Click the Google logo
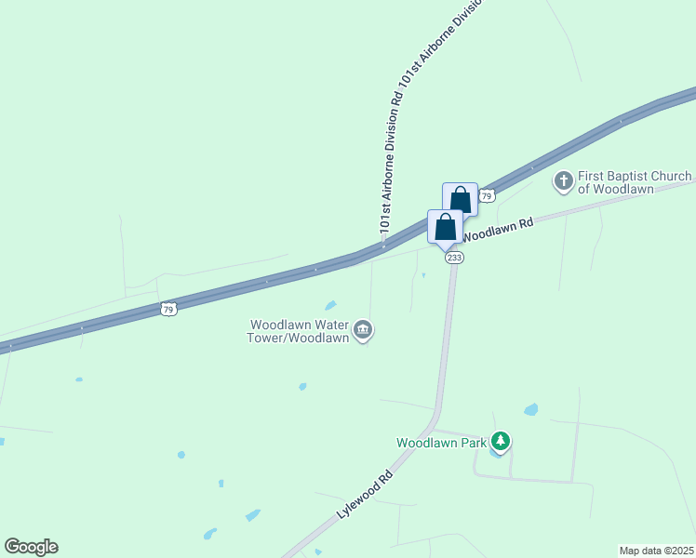(x=31, y=547)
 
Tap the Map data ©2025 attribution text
(x=656, y=551)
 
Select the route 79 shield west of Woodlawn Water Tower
(x=167, y=309)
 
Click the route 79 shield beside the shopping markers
(x=487, y=195)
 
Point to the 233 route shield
(x=454, y=258)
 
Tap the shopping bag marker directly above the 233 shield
(x=446, y=226)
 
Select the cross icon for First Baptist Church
(x=563, y=180)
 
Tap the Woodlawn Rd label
(x=499, y=229)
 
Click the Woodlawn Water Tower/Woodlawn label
(x=298, y=331)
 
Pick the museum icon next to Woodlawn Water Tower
(x=363, y=330)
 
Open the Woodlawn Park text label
(x=442, y=443)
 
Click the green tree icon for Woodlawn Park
(x=501, y=441)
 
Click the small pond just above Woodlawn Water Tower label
(x=330, y=305)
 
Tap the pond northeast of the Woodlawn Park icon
(x=530, y=409)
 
